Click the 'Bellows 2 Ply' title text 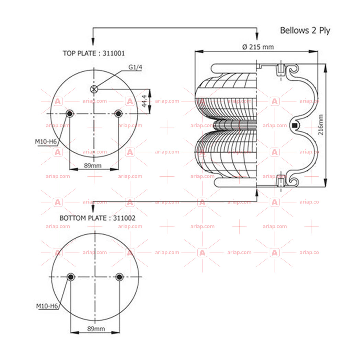[305, 31]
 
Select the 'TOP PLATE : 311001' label [94, 54]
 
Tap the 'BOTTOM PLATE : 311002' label [97, 218]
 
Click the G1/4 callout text [135, 67]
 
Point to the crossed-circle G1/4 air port [94, 89]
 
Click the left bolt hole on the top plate [70, 113]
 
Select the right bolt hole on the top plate [118, 113]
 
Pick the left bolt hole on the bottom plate [71, 277]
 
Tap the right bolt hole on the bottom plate [119, 277]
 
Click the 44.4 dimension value [144, 101]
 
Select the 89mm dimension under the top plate [93, 165]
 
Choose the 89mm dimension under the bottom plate [96, 329]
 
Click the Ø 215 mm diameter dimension [258, 47]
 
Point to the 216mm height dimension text [321, 125]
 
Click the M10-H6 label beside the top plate [46, 142]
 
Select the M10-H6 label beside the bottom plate [47, 306]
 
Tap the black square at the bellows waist [294, 125]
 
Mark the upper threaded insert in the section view [281, 70]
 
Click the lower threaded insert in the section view [281, 181]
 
